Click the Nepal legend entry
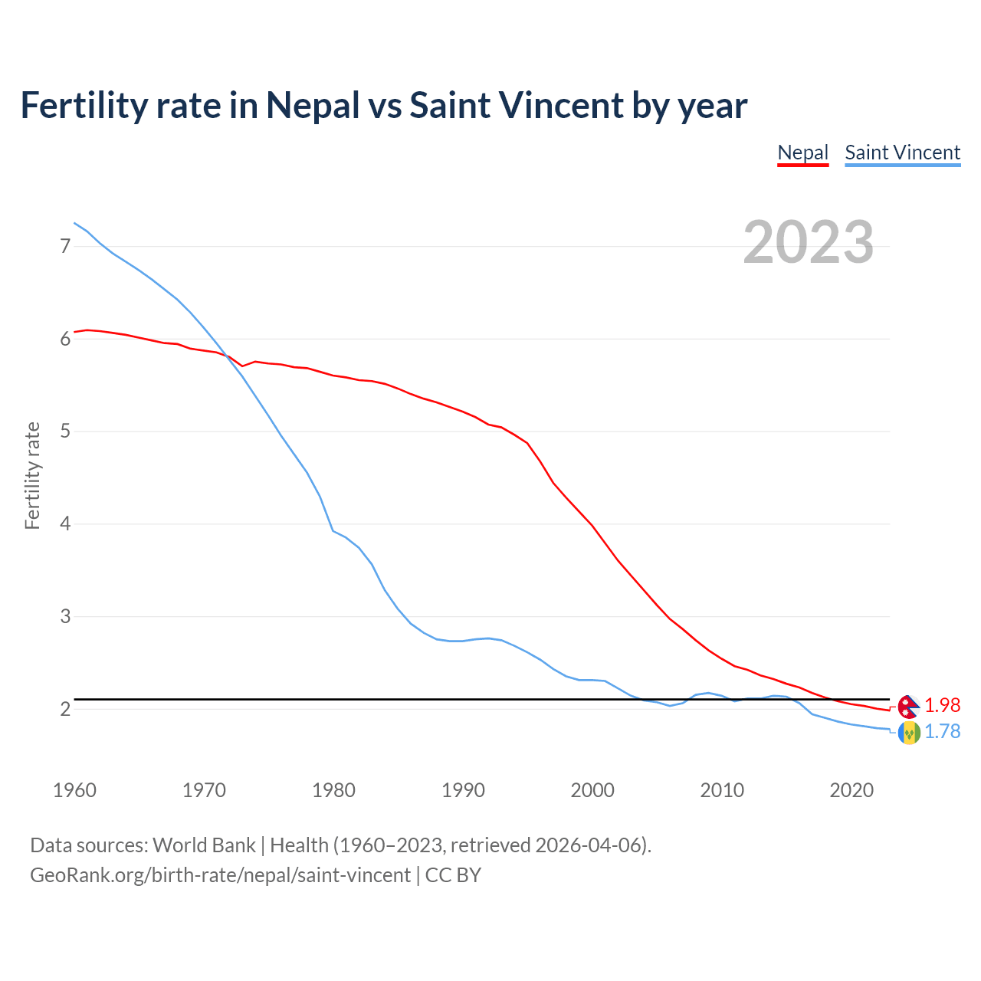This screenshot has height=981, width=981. pos(802,153)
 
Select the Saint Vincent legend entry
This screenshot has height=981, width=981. pos(902,153)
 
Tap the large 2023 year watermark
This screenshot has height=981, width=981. pos(808,242)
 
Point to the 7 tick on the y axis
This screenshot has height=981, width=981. pos(65,246)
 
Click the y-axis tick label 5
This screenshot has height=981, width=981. pos(65,431)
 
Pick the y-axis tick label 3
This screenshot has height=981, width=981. pos(65,616)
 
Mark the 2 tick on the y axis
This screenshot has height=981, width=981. pos(65,709)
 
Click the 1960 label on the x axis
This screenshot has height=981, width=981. pos(74,790)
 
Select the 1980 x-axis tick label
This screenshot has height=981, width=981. pos(333,790)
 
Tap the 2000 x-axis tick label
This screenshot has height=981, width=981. pos(592,790)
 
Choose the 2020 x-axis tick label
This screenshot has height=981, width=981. pos(851,790)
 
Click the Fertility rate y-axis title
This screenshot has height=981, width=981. pos(32,475)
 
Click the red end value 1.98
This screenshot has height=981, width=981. pos(942,705)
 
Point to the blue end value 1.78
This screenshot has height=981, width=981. pos(942,732)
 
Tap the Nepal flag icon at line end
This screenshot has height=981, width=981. pos(909,706)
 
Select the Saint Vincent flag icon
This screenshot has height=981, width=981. pos(909,733)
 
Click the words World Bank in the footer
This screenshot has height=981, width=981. pos(204,845)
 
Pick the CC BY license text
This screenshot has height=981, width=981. pos(453,875)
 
